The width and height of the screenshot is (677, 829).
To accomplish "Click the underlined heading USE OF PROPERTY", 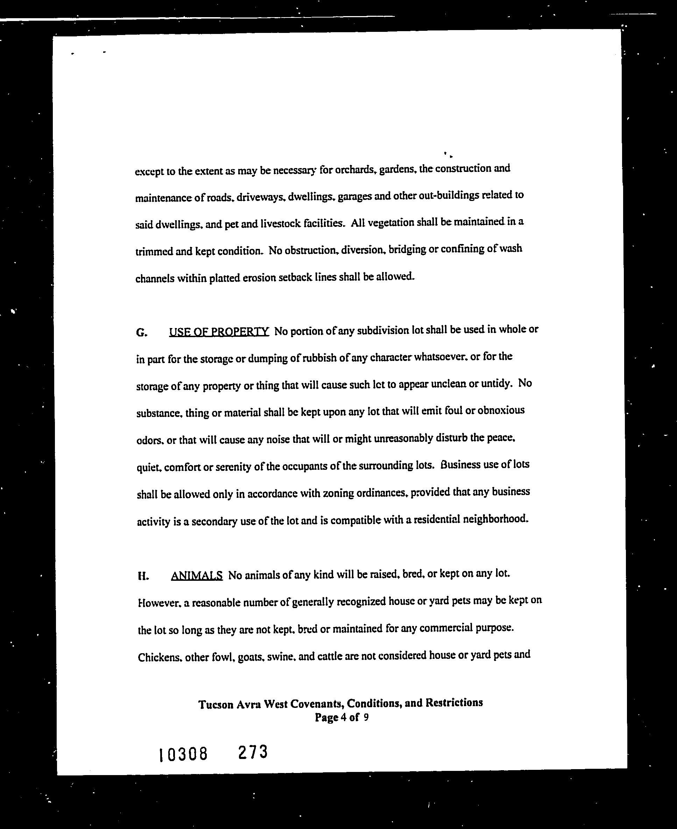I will pos(219,332).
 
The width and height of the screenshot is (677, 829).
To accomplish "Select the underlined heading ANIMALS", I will pos(197,576).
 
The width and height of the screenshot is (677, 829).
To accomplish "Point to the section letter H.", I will pos(143,577).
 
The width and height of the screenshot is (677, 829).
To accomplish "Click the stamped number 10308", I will pos(183,754).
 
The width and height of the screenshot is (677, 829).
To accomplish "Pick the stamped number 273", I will pos(253,752).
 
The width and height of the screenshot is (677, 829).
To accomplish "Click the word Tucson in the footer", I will pos(216,705).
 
